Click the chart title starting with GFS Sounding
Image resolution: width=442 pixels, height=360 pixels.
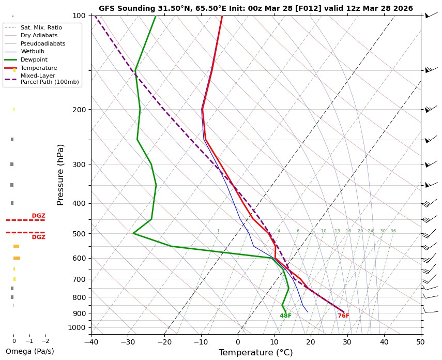click(255, 8)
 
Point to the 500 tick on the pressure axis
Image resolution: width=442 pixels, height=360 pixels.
click(79, 234)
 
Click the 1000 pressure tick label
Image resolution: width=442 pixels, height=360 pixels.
click(77, 327)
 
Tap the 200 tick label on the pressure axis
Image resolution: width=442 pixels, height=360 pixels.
click(79, 110)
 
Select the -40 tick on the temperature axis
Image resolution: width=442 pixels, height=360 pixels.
click(91, 341)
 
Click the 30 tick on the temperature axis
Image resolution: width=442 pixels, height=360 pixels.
click(347, 341)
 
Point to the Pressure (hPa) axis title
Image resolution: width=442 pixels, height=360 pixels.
click(60, 174)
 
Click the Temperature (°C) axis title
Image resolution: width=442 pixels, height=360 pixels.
click(255, 353)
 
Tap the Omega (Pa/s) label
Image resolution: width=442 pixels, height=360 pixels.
click(29, 351)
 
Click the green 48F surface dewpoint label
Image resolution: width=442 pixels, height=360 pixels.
click(285, 316)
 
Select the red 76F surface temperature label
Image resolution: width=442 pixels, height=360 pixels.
click(343, 316)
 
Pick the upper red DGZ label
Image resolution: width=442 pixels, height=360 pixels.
click(38, 216)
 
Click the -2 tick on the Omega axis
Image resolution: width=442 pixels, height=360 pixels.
click(45, 341)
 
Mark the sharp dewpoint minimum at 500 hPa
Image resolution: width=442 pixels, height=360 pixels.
click(133, 233)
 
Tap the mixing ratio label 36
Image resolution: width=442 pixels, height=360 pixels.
click(393, 231)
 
